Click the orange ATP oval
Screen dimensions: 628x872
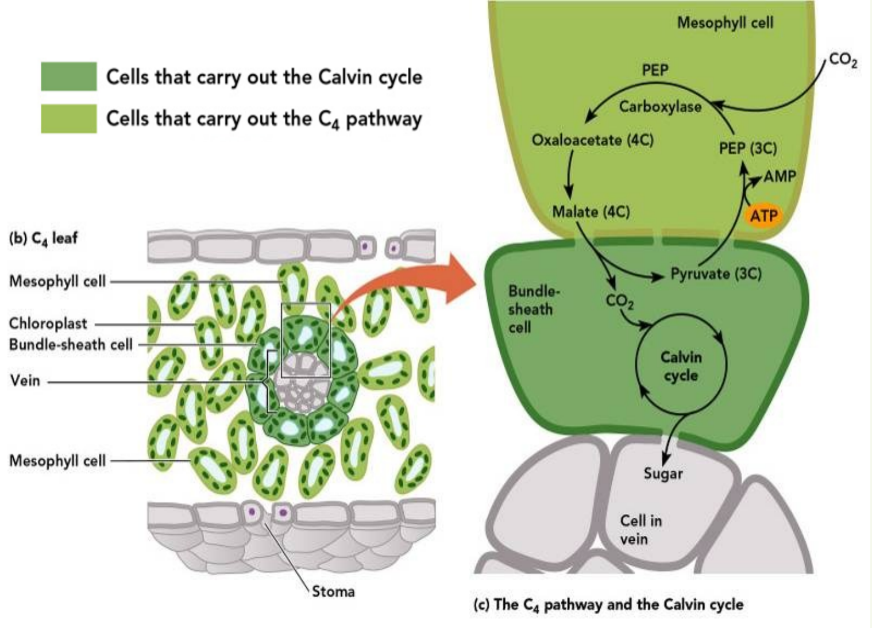pos(764,215)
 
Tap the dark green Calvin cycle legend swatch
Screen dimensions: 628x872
pos(68,76)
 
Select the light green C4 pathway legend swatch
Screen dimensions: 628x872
pos(68,118)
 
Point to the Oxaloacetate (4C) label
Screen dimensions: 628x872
pos(592,140)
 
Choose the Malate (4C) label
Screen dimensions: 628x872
pos(591,212)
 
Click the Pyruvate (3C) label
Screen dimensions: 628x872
pos(716,273)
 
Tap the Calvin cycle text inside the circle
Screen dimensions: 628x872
pos(681,366)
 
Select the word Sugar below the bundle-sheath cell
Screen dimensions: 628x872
pos(663,474)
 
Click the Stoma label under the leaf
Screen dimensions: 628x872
pos(333,591)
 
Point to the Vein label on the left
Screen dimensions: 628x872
pos(25,380)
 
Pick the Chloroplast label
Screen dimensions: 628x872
pos(48,323)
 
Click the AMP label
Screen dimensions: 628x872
pos(779,176)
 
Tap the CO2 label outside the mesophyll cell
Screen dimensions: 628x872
pos(843,60)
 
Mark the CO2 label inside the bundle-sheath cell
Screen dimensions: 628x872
pos(619,300)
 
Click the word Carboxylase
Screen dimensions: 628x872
pos(660,107)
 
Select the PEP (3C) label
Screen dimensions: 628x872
pos(747,148)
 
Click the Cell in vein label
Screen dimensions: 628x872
pos(641,529)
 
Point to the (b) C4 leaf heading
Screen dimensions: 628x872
pos(43,238)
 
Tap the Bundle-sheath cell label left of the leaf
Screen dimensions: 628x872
pos(71,345)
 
